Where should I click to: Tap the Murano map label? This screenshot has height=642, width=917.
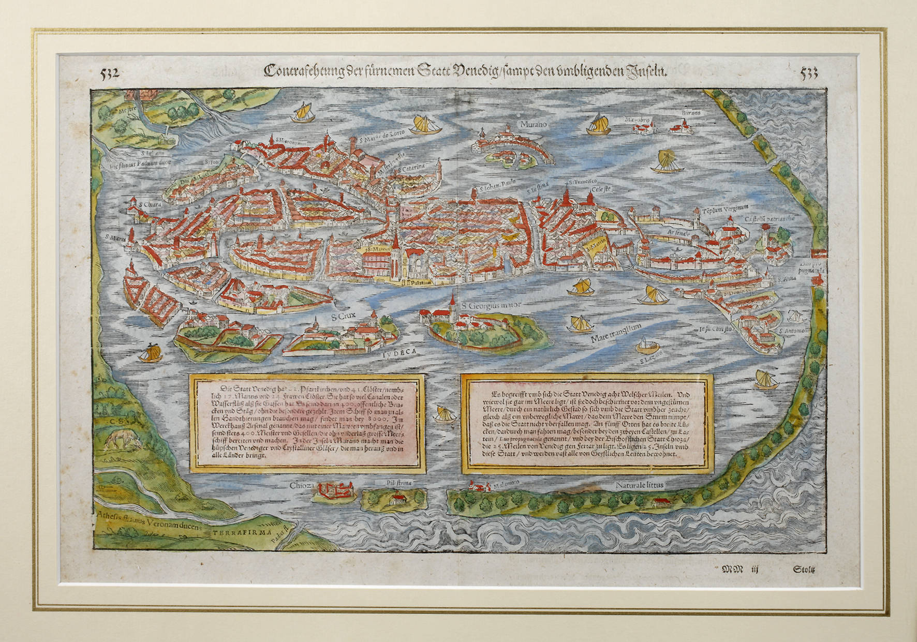tap(533, 125)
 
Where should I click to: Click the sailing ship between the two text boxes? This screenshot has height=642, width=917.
tap(443, 414)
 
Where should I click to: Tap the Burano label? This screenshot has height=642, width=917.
tap(690, 112)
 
